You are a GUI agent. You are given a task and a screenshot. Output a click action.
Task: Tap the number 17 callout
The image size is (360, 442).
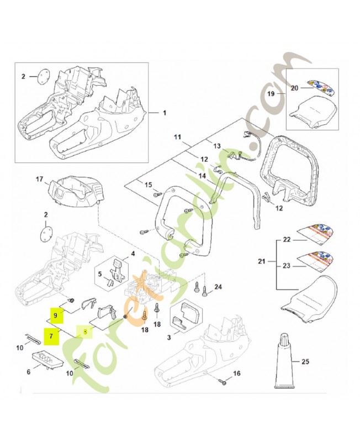point(39,179)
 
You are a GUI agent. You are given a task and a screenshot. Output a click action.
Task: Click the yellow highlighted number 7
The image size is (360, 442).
point(51,335)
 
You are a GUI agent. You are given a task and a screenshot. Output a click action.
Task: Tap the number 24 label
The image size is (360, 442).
point(218,287)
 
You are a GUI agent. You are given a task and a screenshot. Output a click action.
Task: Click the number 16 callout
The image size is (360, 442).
point(237,374)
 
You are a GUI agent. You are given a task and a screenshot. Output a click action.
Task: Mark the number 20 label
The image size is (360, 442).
point(294,88)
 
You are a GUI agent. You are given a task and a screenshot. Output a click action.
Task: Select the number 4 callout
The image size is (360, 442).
point(133,255)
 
